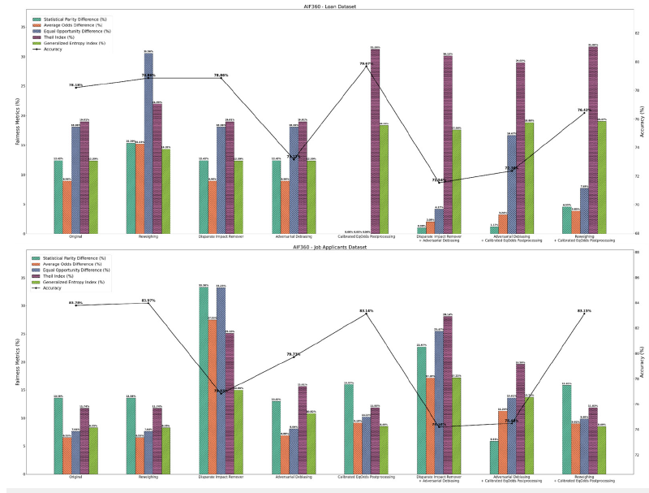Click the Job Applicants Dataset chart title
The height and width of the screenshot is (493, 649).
click(x=325, y=245)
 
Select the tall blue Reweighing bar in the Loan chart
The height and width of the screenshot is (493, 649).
click(x=148, y=143)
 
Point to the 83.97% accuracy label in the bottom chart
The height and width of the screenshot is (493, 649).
click(x=148, y=301)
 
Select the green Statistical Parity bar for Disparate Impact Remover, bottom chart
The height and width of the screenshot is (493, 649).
click(x=203, y=380)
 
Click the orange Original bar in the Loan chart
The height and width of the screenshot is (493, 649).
click(x=67, y=207)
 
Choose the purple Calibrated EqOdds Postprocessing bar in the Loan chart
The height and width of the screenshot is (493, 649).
click(x=375, y=141)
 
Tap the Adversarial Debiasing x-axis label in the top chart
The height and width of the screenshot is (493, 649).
click(x=294, y=237)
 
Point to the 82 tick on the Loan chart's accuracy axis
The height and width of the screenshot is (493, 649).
click(x=638, y=33)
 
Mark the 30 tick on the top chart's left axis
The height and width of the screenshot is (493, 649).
click(x=23, y=57)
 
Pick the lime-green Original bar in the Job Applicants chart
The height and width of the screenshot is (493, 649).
click(x=94, y=450)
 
